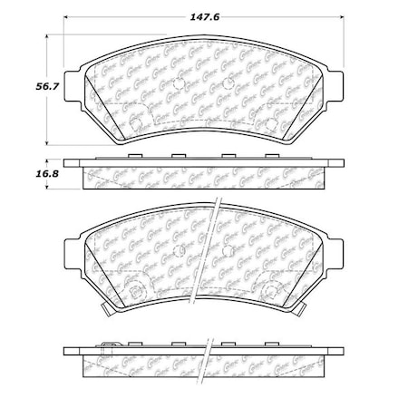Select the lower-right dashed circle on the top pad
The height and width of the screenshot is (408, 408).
pyautogui.click(x=269, y=121)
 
